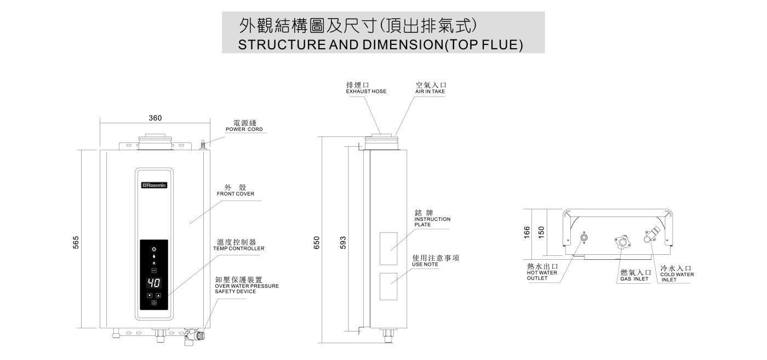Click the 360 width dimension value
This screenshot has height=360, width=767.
(x=155, y=118)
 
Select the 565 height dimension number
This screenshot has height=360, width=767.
(x=76, y=241)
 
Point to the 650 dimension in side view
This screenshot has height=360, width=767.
(x=317, y=242)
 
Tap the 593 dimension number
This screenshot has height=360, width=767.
(x=344, y=242)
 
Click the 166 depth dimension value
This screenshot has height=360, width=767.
(x=527, y=232)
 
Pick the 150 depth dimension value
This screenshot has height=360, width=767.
(x=541, y=232)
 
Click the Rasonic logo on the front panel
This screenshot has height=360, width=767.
(x=154, y=185)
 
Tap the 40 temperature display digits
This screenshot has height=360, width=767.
(x=154, y=283)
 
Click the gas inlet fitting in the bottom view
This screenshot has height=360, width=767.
(x=621, y=242)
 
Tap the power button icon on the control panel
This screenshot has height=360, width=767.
(x=154, y=302)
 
